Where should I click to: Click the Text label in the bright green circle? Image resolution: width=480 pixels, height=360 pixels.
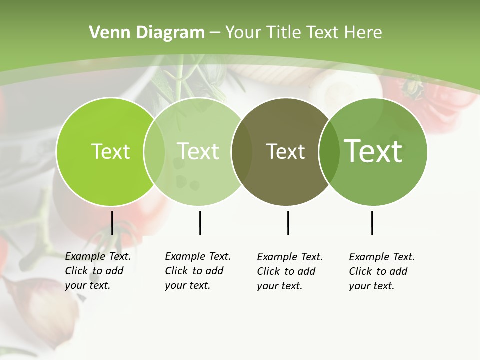[110, 151]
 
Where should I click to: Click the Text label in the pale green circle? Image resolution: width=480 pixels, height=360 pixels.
[198, 151]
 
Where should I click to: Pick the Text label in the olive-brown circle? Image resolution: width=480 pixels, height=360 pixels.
[285, 151]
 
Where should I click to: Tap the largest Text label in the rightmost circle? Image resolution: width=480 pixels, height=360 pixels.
[373, 151]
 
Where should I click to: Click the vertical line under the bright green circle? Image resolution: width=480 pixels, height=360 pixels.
[112, 223]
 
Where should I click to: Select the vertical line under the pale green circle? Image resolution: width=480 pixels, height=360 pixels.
[200, 223]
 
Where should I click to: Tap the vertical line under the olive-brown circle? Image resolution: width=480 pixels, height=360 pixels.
[288, 223]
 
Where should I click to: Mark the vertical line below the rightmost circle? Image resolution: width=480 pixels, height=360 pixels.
[372, 223]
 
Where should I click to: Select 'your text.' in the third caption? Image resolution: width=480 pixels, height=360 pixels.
[279, 286]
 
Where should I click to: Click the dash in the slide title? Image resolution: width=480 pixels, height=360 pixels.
[215, 33]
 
